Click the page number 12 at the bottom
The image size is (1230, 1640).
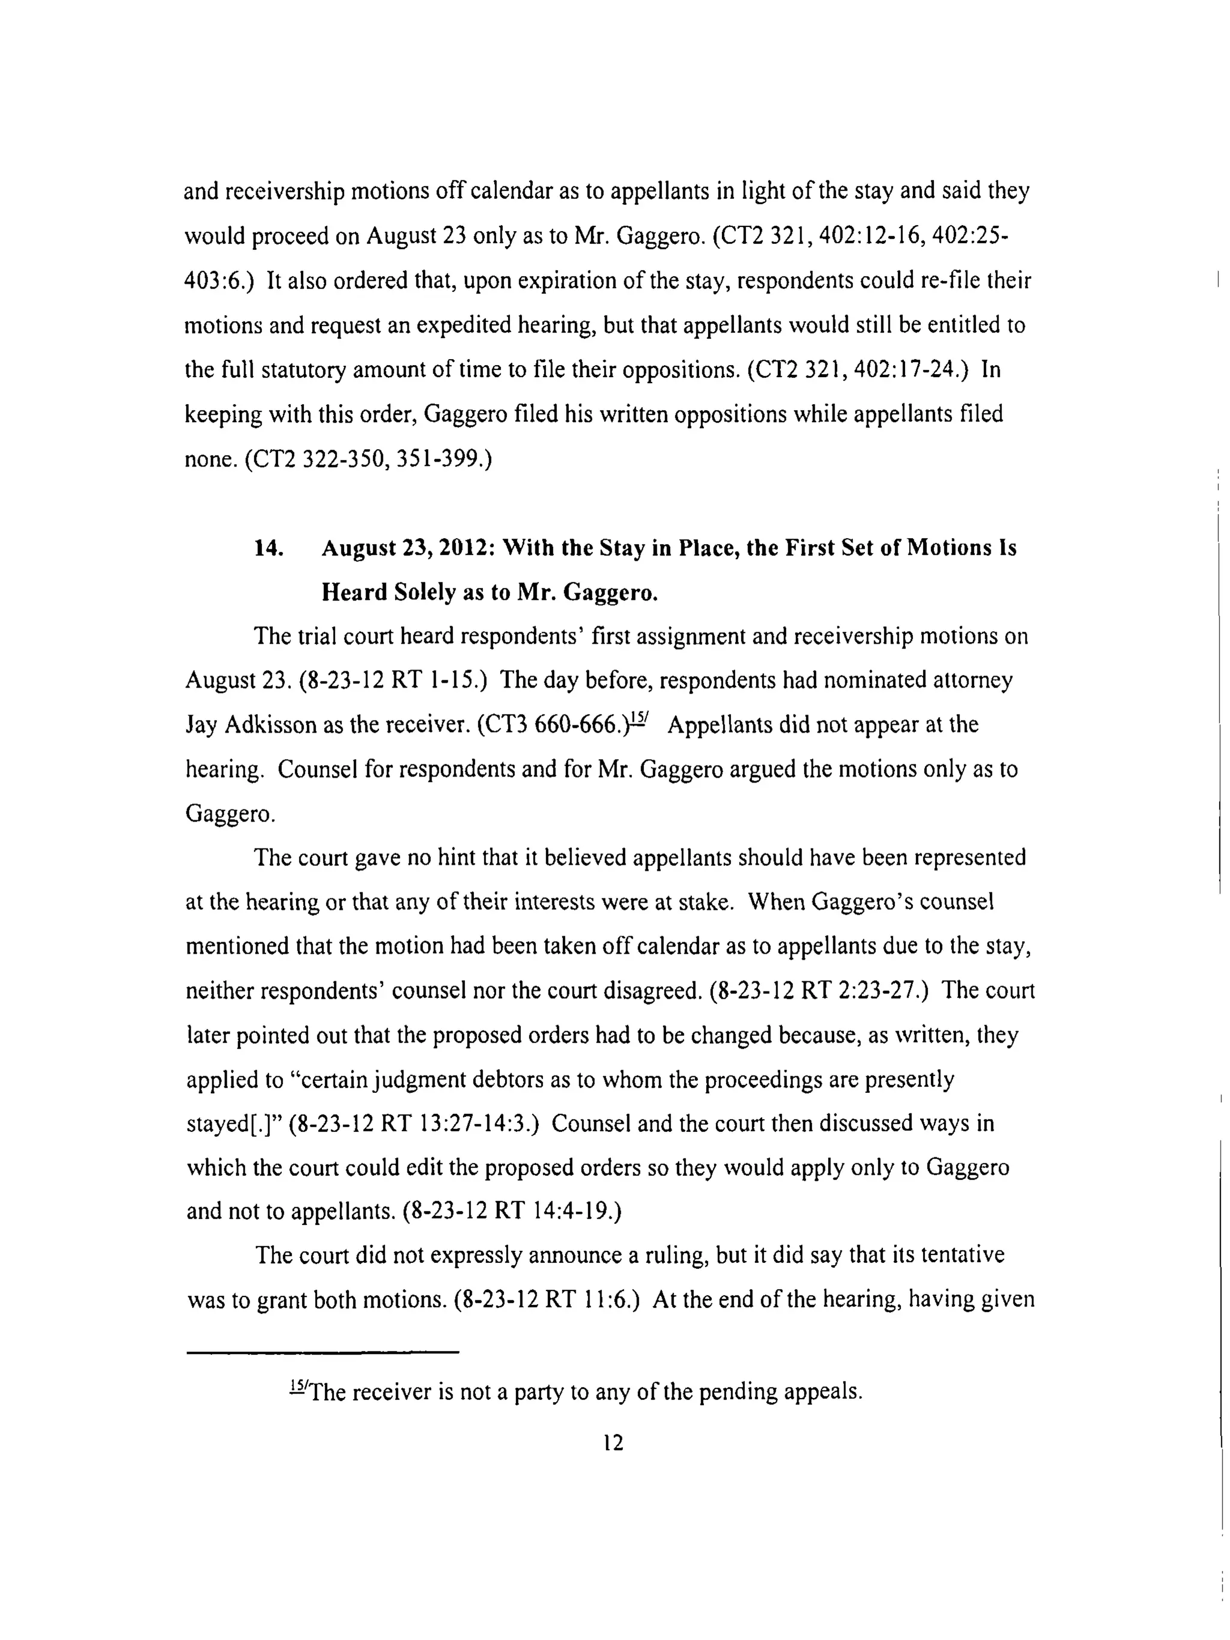pos(613,1442)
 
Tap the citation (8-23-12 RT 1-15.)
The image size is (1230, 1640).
pos(393,680)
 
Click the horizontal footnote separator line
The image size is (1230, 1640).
pos(323,1352)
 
